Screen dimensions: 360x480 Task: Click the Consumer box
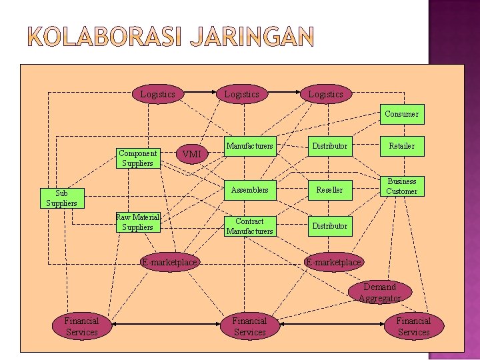coord(401,114)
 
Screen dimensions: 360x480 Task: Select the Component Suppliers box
coord(137,158)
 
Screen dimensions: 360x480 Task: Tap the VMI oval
coord(191,154)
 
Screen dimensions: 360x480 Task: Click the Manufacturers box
coord(249,145)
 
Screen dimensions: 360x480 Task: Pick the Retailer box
coord(401,145)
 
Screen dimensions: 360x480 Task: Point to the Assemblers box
coord(249,190)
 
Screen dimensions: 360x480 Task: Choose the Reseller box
coord(329,190)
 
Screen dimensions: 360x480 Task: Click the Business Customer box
coord(401,187)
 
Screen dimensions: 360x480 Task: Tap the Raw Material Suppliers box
coord(137,222)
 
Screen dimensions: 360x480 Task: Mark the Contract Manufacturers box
coord(249,226)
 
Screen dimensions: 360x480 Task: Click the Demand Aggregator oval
coord(379,292)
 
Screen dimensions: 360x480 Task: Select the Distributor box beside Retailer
coord(329,145)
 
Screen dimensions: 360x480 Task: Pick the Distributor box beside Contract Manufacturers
coord(329,226)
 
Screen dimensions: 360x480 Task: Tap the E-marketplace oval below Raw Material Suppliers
coord(169,262)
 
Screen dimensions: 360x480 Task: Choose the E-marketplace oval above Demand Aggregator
coord(333,262)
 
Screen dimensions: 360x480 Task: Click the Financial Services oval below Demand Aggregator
coord(413,327)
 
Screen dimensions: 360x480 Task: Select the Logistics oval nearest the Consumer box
coord(325,94)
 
